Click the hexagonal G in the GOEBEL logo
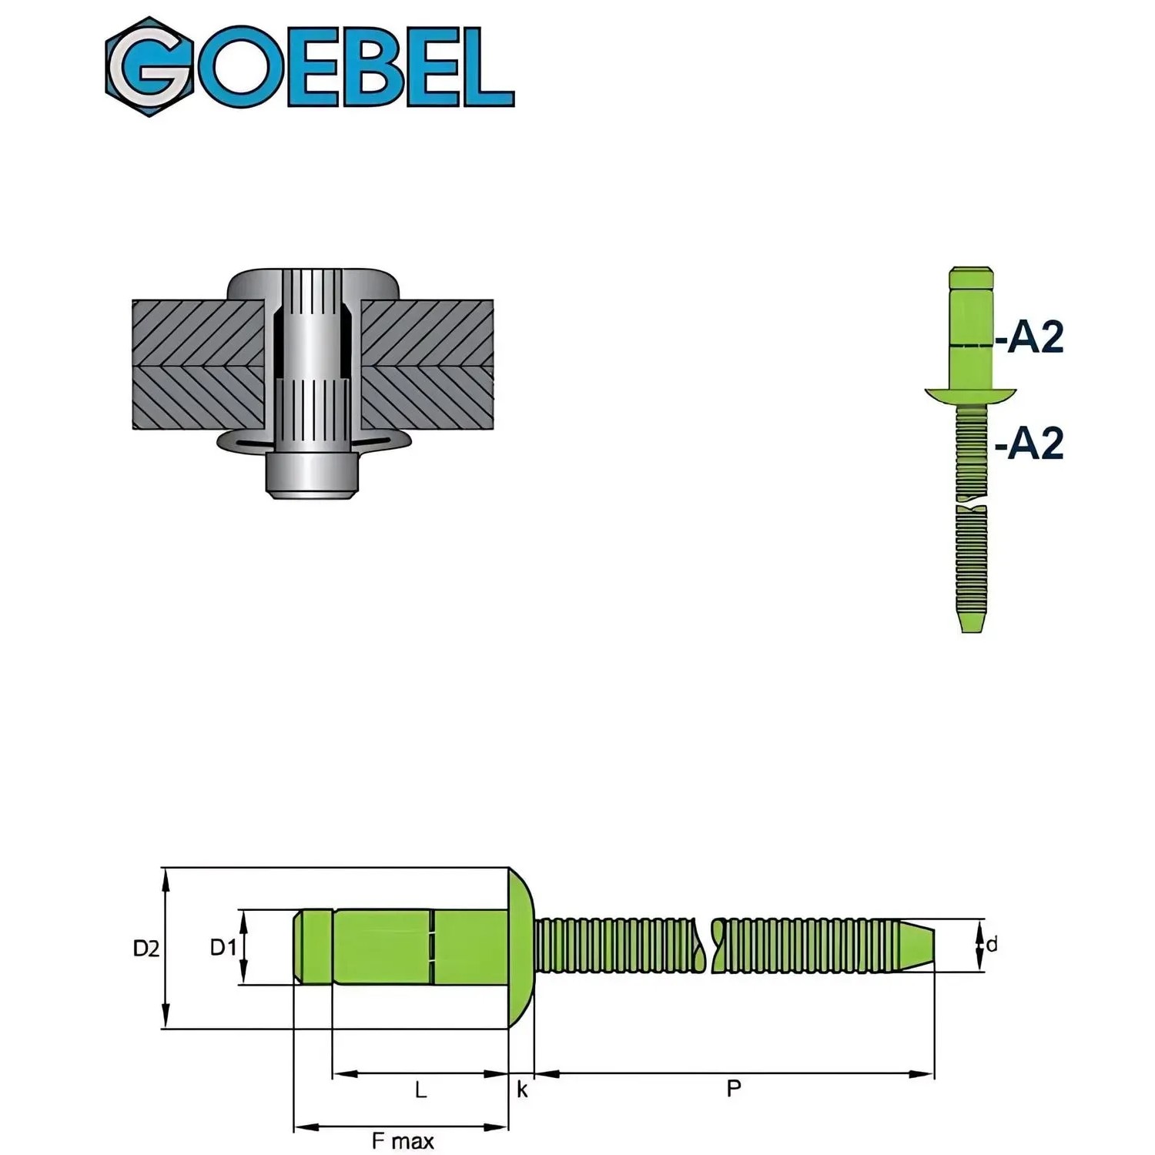click(150, 67)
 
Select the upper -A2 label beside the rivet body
click(1029, 336)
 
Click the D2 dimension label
click(146, 949)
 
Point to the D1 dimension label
click(223, 947)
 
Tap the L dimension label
click(420, 1090)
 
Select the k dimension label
click(522, 1090)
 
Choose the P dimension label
click(734, 1089)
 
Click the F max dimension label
click(403, 1140)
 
